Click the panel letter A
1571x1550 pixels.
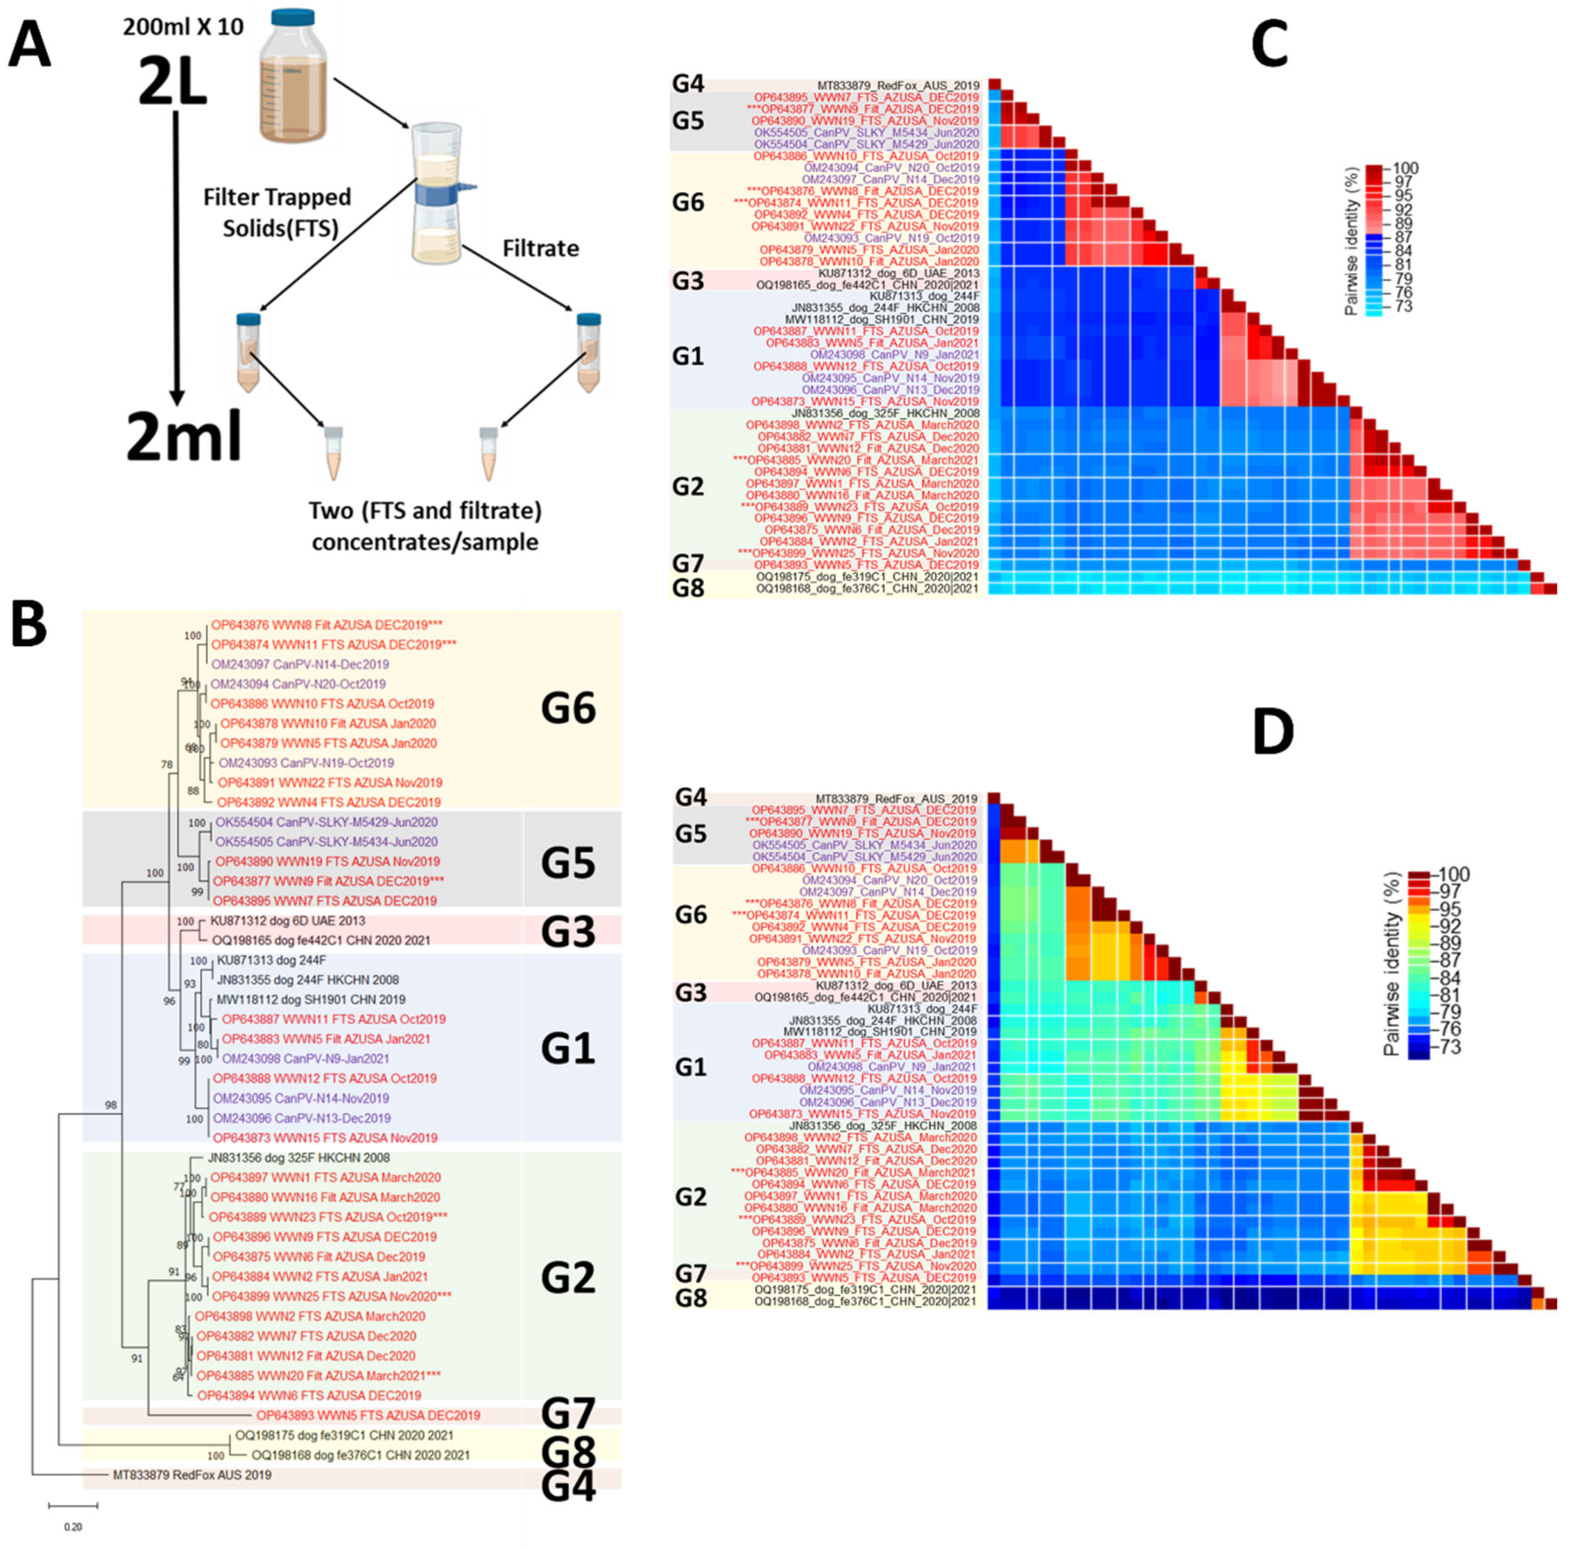pyautogui.click(x=30, y=46)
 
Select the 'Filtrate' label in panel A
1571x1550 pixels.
pyautogui.click(x=540, y=248)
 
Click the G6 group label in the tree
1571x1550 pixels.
pyautogui.click(x=568, y=708)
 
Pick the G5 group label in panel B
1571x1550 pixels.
pyautogui.click(x=568, y=862)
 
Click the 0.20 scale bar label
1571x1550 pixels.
pyautogui.click(x=73, y=1526)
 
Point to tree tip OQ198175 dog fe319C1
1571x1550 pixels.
pyautogui.click(x=344, y=1436)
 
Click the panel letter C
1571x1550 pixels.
pyautogui.click(x=1269, y=45)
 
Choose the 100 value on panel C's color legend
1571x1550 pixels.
pyautogui.click(x=1405, y=168)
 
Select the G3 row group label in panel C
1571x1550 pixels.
pyautogui.click(x=688, y=280)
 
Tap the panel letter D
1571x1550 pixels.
pyautogui.click(x=1273, y=732)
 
